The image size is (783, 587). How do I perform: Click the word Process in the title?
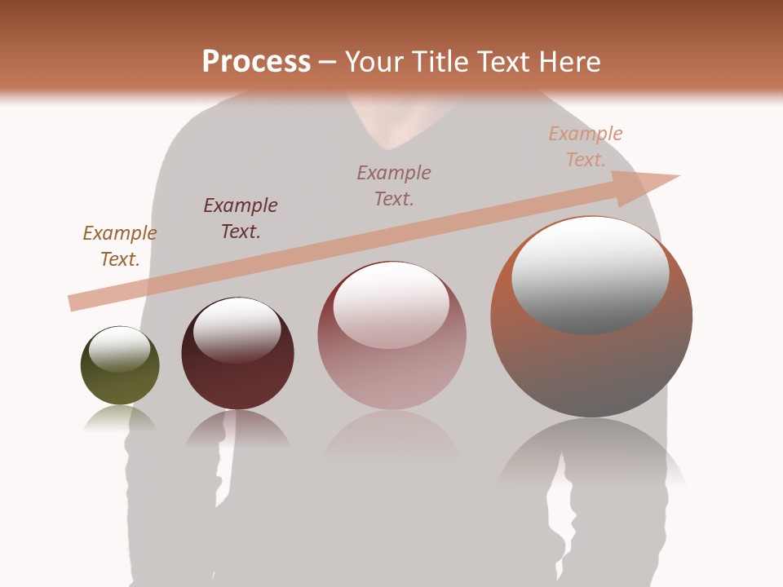tap(256, 61)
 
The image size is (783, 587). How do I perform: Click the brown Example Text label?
tap(120, 245)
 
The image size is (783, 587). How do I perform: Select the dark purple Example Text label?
tap(241, 218)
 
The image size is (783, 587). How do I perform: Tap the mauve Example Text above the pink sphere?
tap(394, 185)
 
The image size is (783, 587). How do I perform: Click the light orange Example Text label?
tap(586, 146)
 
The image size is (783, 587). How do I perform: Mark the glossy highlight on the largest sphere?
tap(591, 273)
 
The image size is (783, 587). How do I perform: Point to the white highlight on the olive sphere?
tap(120, 348)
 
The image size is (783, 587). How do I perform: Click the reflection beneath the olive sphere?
tap(120, 419)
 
